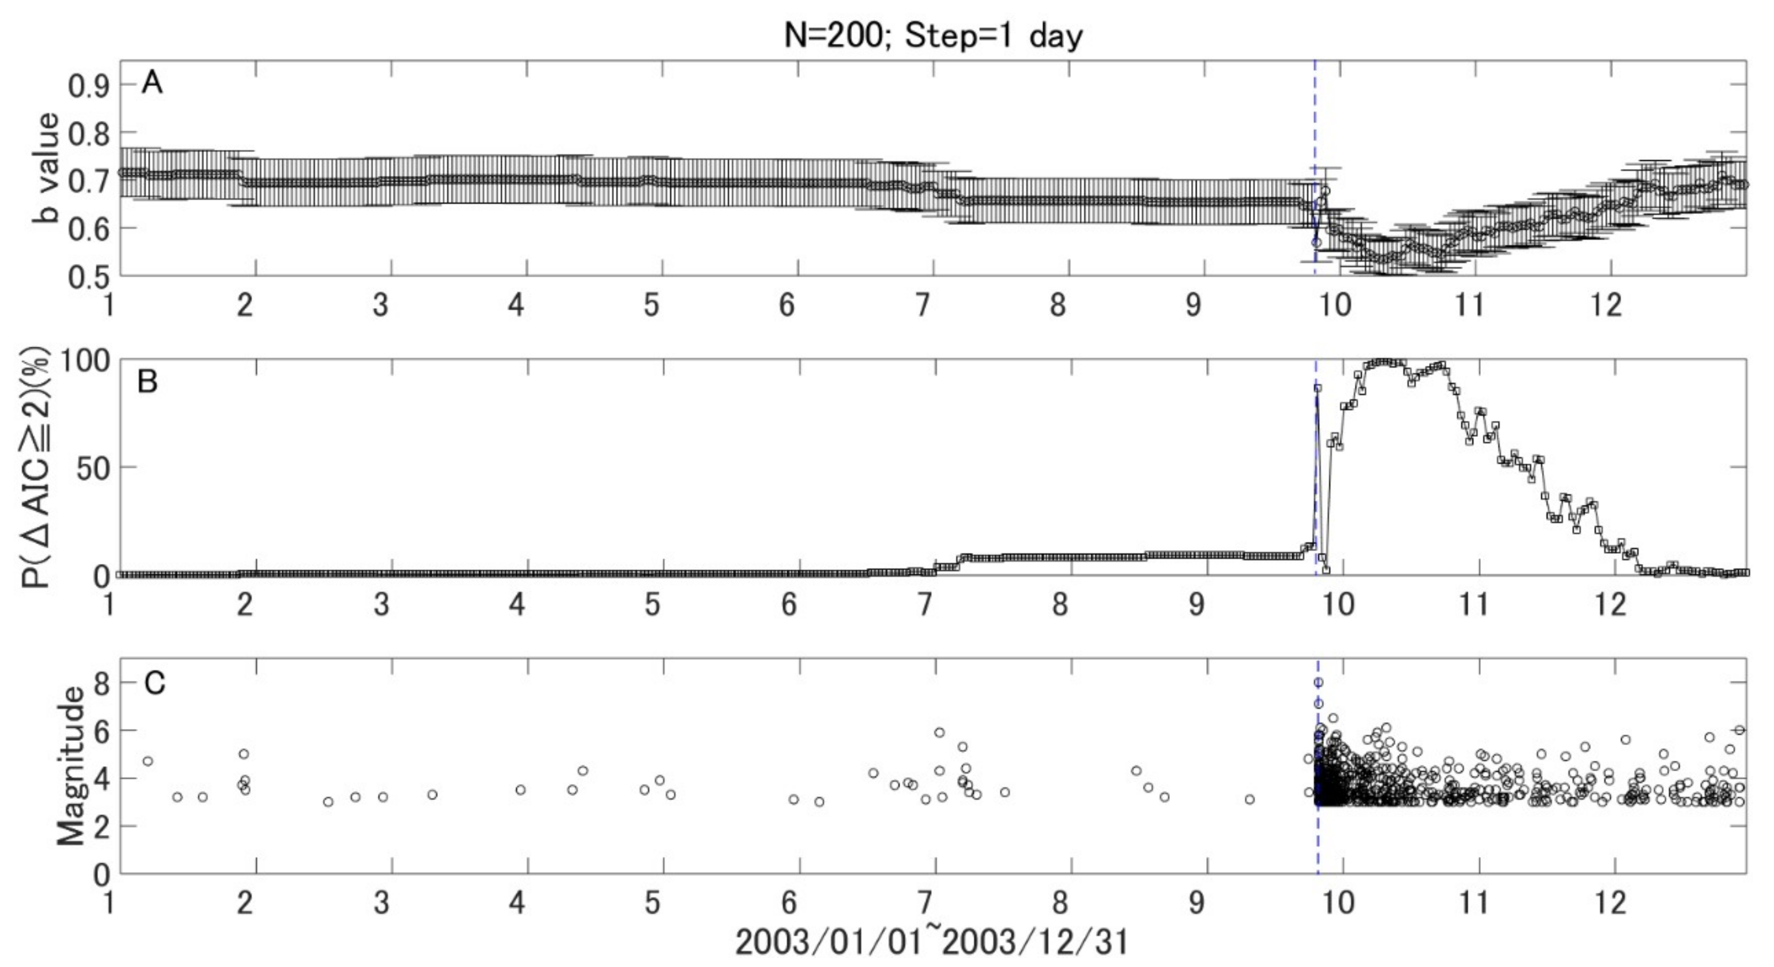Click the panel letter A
[152, 83]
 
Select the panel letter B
[148, 381]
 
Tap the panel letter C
[154, 683]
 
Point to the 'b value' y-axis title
[47, 169]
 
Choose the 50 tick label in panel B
[92, 468]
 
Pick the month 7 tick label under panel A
[923, 305]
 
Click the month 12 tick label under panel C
[1610, 902]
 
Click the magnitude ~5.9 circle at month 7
[939, 732]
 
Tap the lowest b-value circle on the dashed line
[1316, 242]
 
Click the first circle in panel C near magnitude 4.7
[147, 761]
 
